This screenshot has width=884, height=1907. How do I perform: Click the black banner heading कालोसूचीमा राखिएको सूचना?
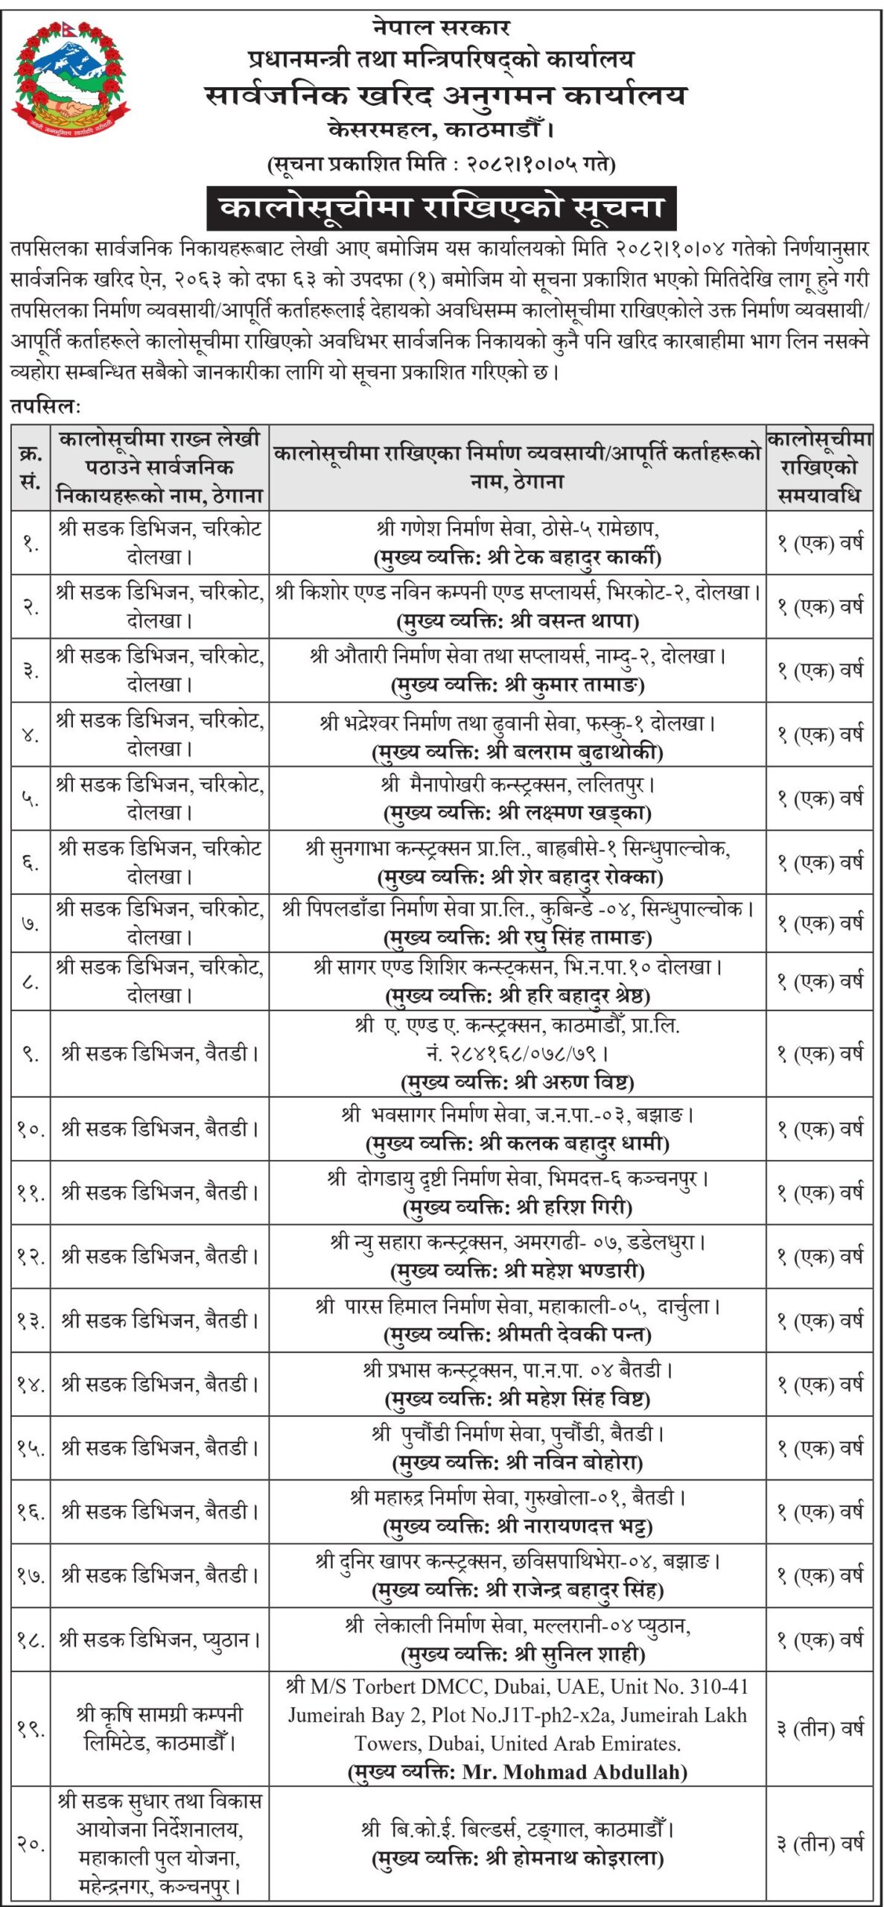(441, 208)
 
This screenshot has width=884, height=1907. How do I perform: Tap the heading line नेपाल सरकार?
(441, 28)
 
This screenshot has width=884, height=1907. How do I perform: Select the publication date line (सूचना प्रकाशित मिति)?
(441, 163)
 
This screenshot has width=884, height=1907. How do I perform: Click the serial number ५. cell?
(31, 798)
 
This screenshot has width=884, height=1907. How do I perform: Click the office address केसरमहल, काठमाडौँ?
(441, 130)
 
